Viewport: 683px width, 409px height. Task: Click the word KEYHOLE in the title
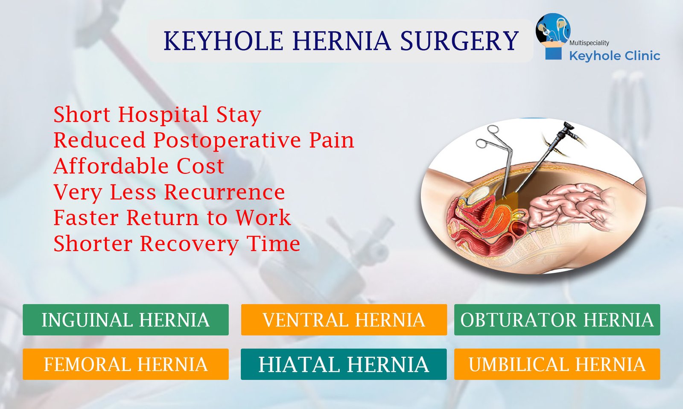(223, 41)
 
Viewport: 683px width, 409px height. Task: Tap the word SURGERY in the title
(459, 41)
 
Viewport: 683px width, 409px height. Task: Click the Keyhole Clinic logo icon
(552, 35)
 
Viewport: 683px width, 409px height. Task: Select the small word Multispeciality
(589, 43)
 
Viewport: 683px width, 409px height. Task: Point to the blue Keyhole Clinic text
(614, 56)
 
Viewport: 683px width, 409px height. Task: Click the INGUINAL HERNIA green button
(126, 320)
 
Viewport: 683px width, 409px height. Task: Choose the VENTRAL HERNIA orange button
(344, 320)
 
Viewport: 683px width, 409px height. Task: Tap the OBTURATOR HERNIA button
(557, 320)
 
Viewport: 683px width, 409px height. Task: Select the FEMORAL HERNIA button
(126, 364)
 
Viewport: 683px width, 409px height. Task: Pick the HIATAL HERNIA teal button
(344, 364)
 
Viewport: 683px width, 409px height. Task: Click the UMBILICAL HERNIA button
(557, 364)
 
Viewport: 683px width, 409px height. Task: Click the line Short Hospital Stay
(157, 114)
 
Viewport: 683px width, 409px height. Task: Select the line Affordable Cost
(139, 166)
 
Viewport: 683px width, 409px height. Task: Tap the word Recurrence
(225, 192)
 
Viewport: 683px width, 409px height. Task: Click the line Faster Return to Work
(172, 218)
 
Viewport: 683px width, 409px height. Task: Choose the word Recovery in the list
(189, 244)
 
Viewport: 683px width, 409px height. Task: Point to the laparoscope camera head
(568, 128)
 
